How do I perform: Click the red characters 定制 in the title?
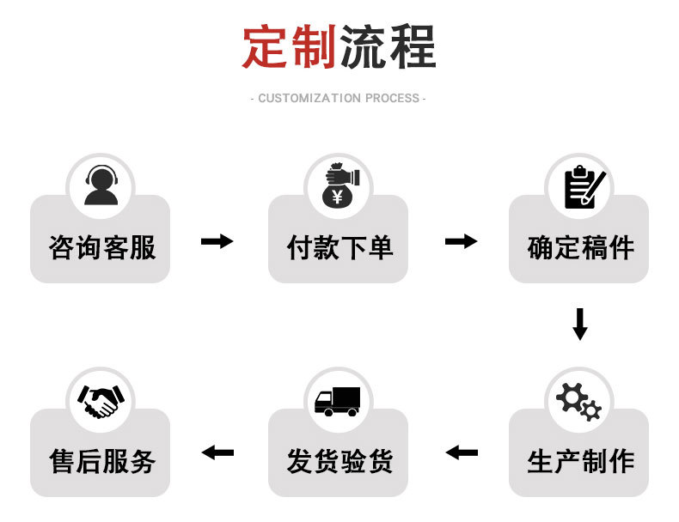(x=289, y=47)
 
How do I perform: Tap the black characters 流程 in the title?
(x=388, y=47)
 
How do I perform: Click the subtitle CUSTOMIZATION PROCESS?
(x=339, y=98)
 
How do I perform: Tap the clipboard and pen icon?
(x=580, y=186)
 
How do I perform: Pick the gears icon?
(x=578, y=401)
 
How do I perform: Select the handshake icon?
(x=101, y=401)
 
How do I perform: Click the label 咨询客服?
(x=101, y=248)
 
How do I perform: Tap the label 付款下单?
(x=339, y=248)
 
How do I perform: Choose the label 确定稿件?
(x=580, y=248)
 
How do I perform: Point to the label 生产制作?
(x=580, y=462)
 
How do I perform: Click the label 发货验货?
(x=339, y=462)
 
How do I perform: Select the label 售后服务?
(x=101, y=462)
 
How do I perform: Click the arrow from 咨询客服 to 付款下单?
(x=217, y=241)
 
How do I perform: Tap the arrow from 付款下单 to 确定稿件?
(x=461, y=241)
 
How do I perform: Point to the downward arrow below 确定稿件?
(x=580, y=324)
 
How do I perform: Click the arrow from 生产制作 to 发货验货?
(x=462, y=452)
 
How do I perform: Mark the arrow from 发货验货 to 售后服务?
(x=217, y=452)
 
